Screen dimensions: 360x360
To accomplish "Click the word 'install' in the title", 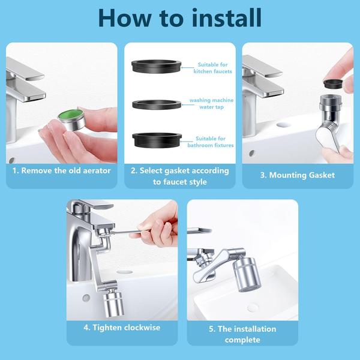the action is (227, 18).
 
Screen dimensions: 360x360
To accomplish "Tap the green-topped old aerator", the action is (71, 119).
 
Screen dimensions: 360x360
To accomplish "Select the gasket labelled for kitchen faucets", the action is (157, 67).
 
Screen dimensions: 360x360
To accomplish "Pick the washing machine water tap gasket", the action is (157, 104).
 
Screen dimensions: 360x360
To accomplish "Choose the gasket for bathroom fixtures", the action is (157, 140).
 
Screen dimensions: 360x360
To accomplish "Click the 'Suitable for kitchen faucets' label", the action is (212, 68).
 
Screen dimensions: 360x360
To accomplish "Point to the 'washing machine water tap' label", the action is (211, 104).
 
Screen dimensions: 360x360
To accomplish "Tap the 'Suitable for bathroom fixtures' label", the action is (211, 142).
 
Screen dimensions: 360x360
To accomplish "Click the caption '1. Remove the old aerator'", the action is (62, 170).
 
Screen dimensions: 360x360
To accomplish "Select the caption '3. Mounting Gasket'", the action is (298, 175).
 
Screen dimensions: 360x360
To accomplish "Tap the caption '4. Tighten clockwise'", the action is (122, 328).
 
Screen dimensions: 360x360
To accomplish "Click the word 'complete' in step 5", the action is (242, 340).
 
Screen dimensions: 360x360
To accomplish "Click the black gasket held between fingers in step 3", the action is (333, 83).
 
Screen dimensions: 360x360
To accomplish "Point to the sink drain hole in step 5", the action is (253, 308).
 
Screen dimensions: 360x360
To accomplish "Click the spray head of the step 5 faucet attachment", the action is (247, 274).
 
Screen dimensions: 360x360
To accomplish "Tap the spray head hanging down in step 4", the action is (113, 303).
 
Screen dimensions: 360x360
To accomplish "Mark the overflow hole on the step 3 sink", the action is (252, 153).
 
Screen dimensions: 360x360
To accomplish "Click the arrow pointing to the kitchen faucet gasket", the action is (188, 68).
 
